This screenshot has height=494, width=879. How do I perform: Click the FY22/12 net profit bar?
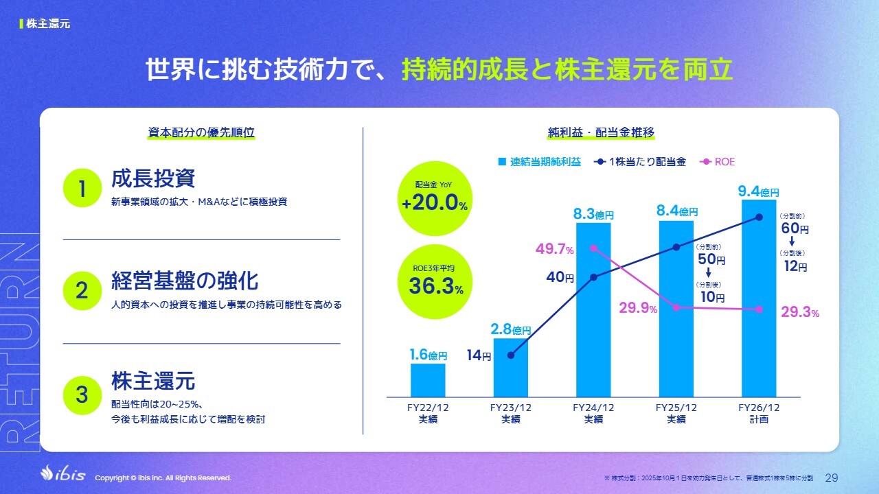428,379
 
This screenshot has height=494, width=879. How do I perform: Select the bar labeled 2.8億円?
510,367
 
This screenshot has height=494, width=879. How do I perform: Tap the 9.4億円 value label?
759,191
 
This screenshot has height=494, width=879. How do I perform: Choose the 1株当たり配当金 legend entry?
640,162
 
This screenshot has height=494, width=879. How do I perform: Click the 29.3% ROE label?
800,313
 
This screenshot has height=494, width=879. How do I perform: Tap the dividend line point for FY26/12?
759,217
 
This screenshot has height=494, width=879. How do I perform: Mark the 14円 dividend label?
480,356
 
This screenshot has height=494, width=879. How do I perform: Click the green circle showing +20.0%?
435,199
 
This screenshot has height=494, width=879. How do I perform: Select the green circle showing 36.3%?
435,281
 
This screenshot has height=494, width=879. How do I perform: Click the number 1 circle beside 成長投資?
82,188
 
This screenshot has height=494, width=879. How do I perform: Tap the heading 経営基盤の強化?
185,282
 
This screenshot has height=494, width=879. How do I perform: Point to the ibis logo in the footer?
63,475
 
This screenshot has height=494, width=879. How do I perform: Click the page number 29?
831,477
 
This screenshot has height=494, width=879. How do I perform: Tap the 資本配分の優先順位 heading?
201,132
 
